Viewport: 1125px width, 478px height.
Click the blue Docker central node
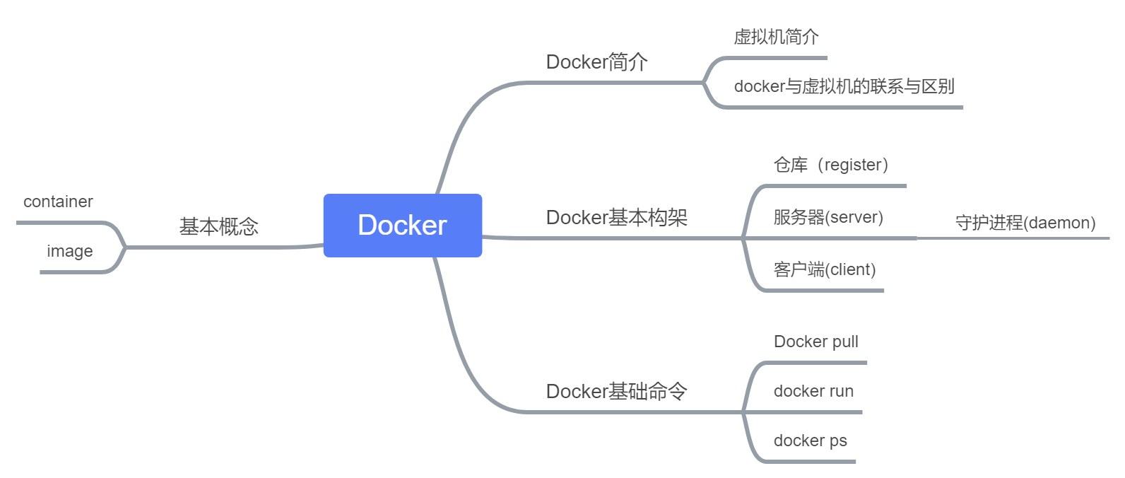tap(403, 225)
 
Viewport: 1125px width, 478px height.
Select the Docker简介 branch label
tap(596, 62)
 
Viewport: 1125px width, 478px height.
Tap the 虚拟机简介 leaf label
tap(776, 37)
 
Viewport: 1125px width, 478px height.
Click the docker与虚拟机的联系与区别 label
tap(844, 86)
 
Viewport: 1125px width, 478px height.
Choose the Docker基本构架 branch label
tap(616, 217)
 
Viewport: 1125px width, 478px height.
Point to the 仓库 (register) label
tap(830, 165)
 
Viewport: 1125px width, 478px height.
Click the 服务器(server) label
tap(827, 217)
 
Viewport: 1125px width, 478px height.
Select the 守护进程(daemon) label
tap(1025, 223)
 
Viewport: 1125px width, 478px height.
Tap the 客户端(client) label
tap(824, 269)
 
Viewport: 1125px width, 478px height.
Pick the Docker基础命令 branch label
tap(616, 391)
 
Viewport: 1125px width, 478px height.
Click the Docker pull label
tap(815, 342)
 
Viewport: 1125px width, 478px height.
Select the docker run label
tap(813, 391)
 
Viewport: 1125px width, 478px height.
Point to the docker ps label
tap(810, 441)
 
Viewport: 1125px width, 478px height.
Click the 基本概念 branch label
tap(218, 226)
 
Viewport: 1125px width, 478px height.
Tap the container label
tap(58, 202)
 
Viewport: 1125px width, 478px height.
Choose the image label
tap(69, 251)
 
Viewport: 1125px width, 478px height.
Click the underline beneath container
tap(60, 222)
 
